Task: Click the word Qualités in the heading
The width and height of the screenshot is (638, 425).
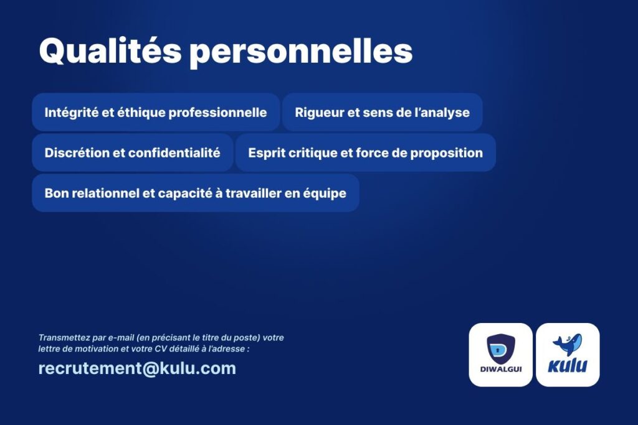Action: [110, 50]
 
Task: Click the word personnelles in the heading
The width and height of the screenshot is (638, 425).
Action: [302, 53]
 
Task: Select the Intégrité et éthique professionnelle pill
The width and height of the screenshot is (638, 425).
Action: [156, 112]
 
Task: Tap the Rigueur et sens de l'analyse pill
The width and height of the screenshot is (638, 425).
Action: [383, 112]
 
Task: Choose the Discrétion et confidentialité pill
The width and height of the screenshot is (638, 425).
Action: [133, 152]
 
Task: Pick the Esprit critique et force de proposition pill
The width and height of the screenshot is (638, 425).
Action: [365, 152]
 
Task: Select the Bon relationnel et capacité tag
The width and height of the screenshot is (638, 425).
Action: [195, 193]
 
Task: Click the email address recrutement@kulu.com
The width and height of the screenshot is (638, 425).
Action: [137, 368]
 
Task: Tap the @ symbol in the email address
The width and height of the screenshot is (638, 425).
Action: [151, 369]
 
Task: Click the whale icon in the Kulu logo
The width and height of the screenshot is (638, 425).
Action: [568, 345]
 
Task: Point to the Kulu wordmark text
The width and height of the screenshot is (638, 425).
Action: [568, 366]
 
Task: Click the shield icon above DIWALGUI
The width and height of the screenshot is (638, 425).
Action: [501, 348]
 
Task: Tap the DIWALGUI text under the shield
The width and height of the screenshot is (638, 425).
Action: [501, 370]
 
